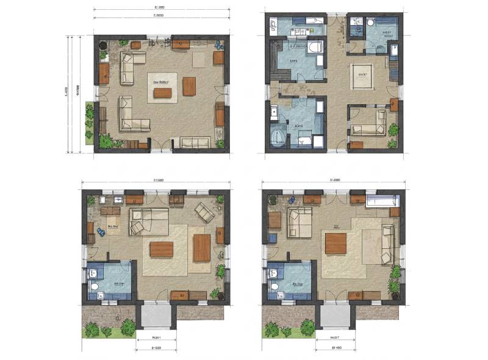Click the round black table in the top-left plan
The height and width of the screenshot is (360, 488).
pyautogui.click(x=104, y=45)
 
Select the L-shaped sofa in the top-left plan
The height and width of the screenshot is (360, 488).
pyautogui.click(x=131, y=116)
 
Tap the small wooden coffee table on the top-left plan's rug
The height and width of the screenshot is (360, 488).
pyautogui.click(x=162, y=93)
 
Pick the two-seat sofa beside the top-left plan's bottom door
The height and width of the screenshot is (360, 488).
pyautogui.click(x=195, y=142)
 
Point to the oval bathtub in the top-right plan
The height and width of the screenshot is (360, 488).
pyautogui.click(x=278, y=137)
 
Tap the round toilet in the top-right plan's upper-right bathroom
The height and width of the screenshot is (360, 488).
pyautogui.click(x=370, y=24)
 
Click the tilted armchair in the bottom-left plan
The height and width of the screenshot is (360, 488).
pyautogui.click(x=204, y=212)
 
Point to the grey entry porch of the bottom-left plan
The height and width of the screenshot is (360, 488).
pyautogui.click(x=154, y=317)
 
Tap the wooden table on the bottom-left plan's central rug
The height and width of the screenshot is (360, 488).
pyautogui.click(x=161, y=250)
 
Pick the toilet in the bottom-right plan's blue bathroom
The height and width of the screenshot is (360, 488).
pyautogui.click(x=274, y=286)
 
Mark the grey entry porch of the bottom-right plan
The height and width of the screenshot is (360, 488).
pyautogui.click(x=334, y=317)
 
